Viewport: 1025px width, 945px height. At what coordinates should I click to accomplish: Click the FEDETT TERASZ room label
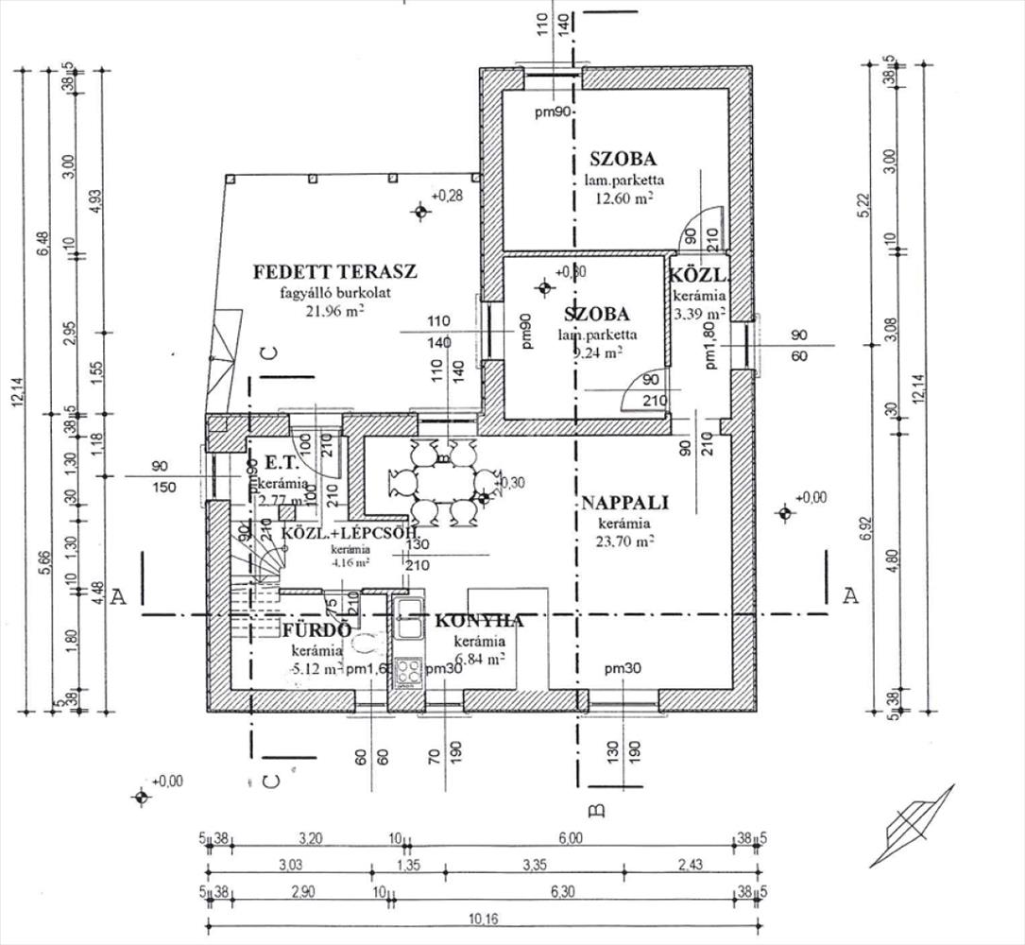334,272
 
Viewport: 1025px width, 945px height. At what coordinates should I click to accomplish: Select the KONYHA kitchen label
479,621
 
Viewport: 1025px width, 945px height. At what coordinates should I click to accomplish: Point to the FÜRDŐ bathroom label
316,630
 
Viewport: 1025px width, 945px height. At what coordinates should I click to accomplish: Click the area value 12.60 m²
624,198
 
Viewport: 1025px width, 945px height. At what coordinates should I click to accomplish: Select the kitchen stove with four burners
409,673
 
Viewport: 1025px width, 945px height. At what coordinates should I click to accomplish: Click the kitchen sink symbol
409,619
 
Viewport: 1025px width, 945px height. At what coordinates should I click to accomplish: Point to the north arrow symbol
912,824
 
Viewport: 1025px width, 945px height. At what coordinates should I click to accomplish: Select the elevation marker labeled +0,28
419,211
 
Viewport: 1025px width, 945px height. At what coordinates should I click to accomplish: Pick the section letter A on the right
850,595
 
